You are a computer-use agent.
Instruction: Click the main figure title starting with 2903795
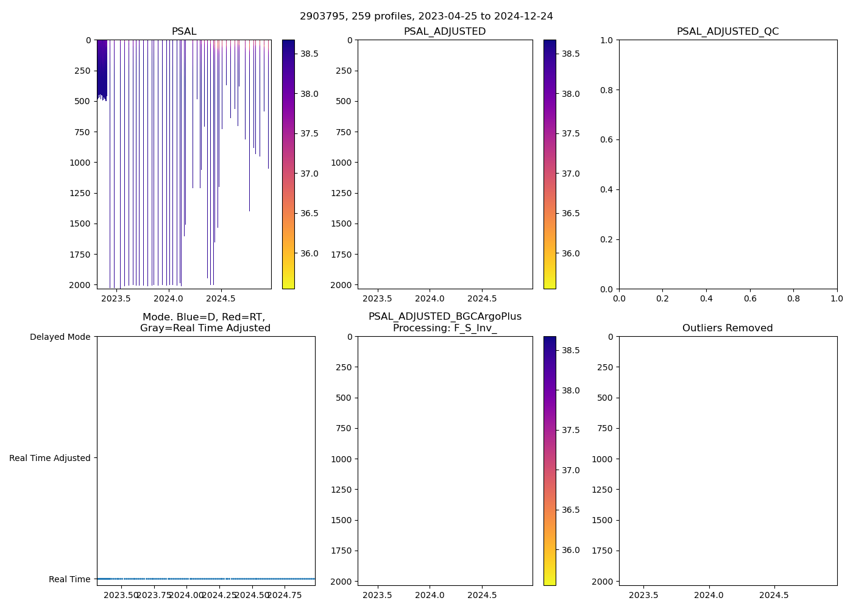[426, 16]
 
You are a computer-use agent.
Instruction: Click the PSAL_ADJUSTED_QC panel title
[727, 32]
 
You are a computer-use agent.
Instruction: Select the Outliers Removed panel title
[727, 328]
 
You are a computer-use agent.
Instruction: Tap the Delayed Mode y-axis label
[60, 337]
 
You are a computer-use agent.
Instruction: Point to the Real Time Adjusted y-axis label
[50, 458]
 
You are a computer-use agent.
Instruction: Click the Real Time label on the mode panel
[69, 579]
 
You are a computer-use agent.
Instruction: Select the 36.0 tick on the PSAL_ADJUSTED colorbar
[570, 253]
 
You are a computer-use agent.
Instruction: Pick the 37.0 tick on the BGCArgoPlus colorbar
[570, 470]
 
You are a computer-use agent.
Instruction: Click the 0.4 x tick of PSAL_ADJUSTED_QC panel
[706, 299]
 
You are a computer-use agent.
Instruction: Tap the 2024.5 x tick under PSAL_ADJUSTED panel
[483, 299]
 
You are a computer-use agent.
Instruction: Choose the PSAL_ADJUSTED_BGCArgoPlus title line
[445, 317]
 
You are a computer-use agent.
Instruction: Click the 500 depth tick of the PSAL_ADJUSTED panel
[344, 101]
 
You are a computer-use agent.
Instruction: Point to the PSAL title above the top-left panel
[184, 32]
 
